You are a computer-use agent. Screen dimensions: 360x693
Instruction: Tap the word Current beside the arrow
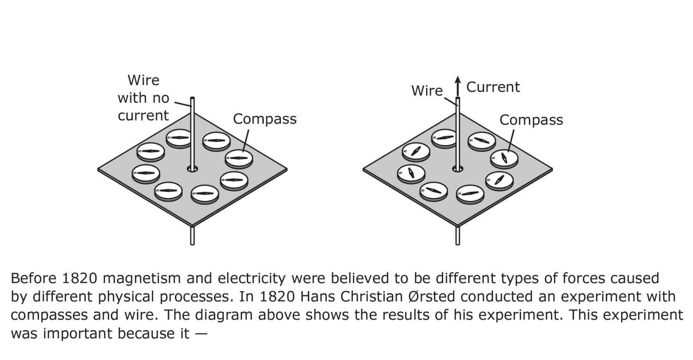[x=493, y=87]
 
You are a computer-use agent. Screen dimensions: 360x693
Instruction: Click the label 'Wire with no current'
[x=143, y=98]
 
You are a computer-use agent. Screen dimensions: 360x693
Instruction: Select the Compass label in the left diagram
[x=265, y=119]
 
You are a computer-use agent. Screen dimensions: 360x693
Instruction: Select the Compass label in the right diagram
[x=531, y=120]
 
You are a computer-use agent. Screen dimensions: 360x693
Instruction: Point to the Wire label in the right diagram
[x=427, y=91]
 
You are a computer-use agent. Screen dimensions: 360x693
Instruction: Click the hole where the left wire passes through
[x=192, y=169]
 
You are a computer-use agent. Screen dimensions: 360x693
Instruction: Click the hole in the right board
[x=457, y=169]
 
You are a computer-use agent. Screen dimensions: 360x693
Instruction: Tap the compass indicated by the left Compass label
[x=239, y=158]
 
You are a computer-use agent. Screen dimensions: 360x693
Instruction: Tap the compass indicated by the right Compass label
[x=504, y=158]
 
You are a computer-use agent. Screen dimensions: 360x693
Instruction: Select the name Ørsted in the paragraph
[x=431, y=297]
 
